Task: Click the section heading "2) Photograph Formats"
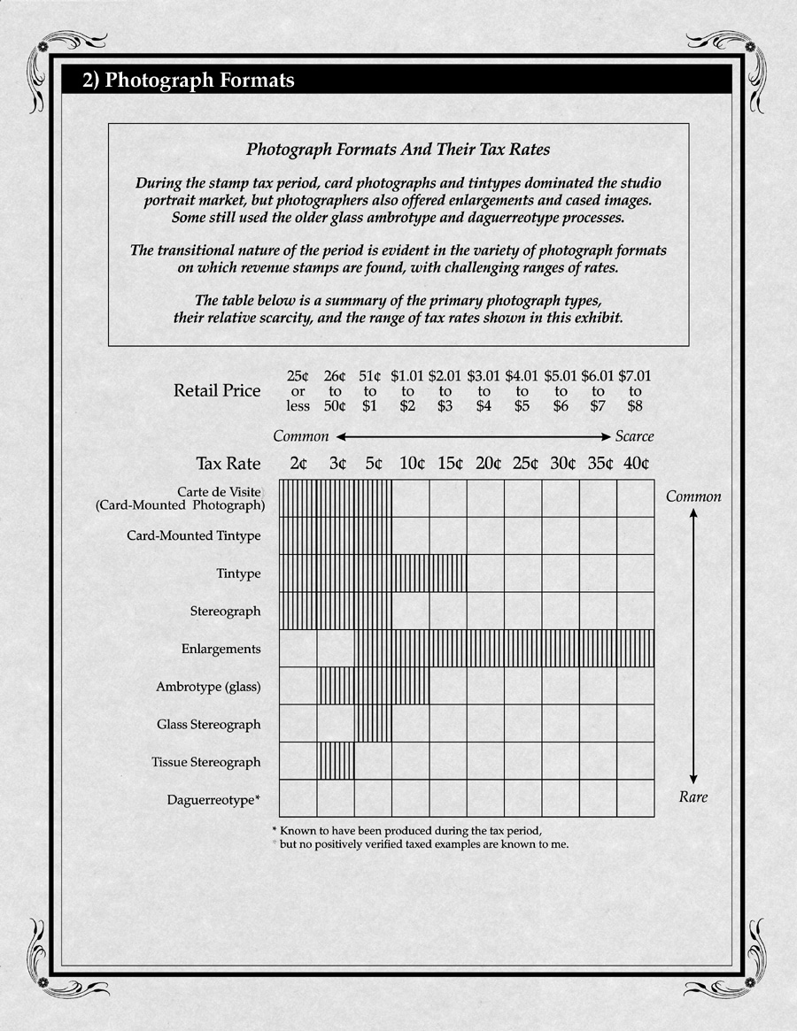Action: coord(189,81)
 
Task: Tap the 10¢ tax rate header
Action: coord(411,463)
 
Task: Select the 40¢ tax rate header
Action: coord(635,463)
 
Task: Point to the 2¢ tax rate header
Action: coord(298,463)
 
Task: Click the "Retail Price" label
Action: coord(218,390)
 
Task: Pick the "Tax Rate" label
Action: coord(228,463)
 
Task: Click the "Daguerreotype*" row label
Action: coord(213,800)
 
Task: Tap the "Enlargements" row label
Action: coord(221,649)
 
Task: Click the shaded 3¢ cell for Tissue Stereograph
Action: coord(336,761)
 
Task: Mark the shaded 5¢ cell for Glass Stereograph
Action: coord(373,723)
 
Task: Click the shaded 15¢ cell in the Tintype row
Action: coord(448,573)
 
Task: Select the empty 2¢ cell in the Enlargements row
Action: coord(298,649)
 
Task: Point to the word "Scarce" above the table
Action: coord(634,436)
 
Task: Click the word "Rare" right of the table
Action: coord(693,797)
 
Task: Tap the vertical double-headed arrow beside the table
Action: coord(694,647)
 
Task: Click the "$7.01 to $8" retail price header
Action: coord(635,391)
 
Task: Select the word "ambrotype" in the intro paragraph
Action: coord(434,218)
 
